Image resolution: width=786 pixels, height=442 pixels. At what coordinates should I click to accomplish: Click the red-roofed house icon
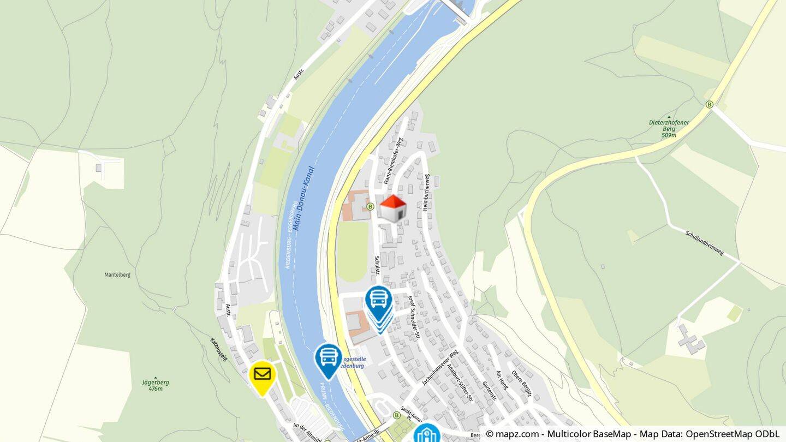(x=393, y=208)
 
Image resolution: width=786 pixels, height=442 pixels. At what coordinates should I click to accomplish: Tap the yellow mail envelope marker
(x=262, y=375)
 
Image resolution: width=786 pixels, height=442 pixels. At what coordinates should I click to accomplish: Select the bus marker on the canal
(x=328, y=358)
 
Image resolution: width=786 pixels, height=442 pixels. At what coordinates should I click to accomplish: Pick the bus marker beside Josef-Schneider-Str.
(x=379, y=301)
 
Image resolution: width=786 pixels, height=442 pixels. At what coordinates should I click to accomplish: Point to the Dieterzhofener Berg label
(x=669, y=127)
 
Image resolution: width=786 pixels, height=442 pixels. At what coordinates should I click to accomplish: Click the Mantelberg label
(x=117, y=275)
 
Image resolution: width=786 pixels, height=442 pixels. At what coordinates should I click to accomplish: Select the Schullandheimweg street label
(x=704, y=243)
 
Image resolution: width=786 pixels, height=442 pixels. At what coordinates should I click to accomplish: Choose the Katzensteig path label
(x=218, y=349)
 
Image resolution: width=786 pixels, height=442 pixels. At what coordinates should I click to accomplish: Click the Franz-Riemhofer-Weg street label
(x=393, y=161)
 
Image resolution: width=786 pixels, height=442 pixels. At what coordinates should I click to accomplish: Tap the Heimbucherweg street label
(x=426, y=192)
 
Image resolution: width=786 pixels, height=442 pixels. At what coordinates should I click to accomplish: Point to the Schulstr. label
(x=377, y=265)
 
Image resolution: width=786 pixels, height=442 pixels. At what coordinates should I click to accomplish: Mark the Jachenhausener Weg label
(x=440, y=368)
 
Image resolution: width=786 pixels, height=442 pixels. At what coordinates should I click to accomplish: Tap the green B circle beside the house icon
(x=370, y=206)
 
